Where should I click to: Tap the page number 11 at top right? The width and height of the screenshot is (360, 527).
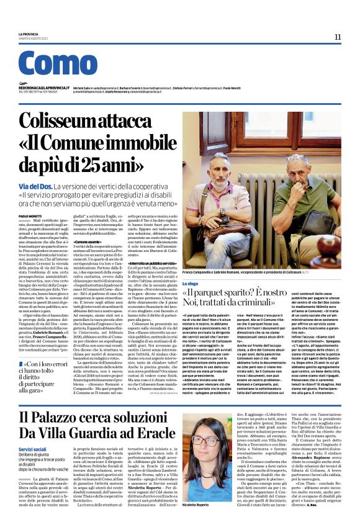[x=337, y=37]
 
